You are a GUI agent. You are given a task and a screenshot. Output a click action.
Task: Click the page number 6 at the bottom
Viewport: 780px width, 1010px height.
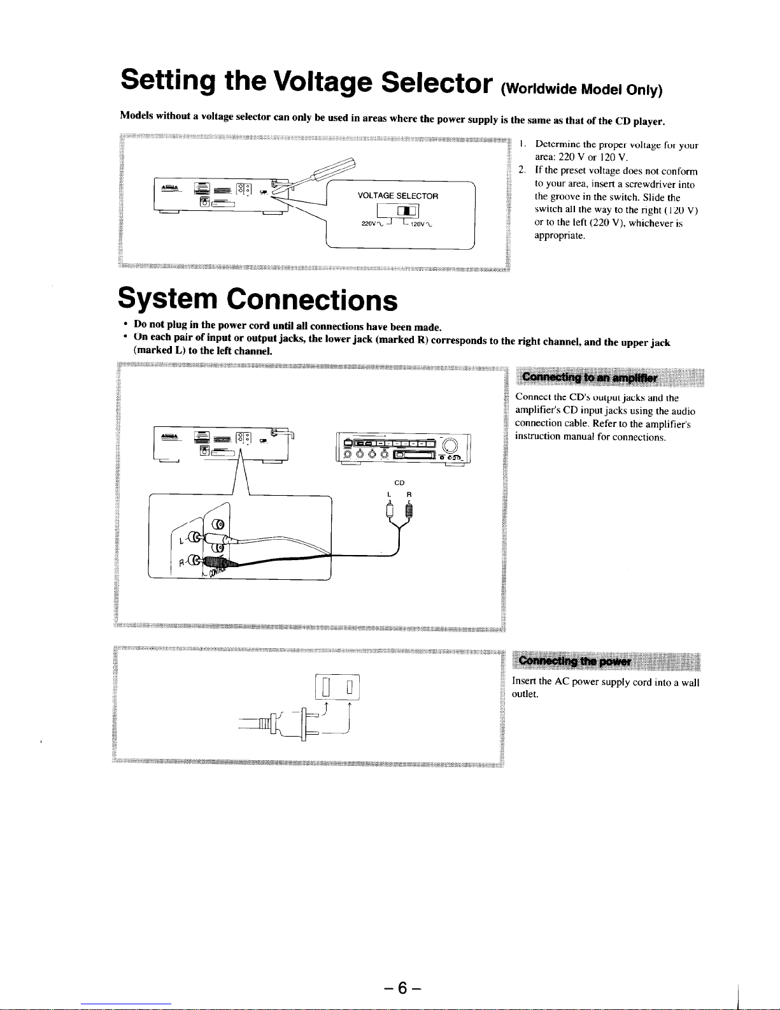coord(402,988)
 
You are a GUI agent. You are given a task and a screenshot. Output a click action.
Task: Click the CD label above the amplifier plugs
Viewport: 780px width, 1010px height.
coord(400,482)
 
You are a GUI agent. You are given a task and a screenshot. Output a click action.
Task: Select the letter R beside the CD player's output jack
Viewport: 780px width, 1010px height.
coord(180,562)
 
